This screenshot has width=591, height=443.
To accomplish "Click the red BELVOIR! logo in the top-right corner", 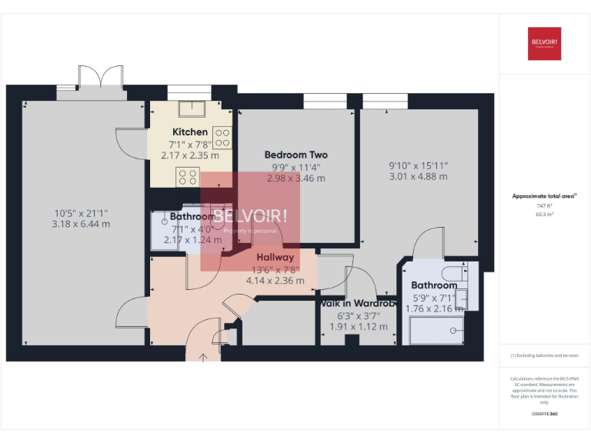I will [x=544, y=44].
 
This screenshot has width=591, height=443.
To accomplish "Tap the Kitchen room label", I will [x=189, y=132].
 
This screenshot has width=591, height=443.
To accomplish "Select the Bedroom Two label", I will [x=295, y=155].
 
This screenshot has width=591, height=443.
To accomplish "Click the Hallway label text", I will [x=275, y=258].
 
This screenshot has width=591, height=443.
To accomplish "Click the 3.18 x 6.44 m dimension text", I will [x=81, y=225].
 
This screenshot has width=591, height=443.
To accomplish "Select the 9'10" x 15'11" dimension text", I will [x=418, y=165].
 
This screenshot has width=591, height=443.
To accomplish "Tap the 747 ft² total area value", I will [x=544, y=206].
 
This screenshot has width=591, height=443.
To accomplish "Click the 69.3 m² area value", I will [x=544, y=215].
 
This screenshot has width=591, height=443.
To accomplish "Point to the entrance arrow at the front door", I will [x=204, y=356].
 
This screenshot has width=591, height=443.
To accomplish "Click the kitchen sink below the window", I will [x=189, y=108].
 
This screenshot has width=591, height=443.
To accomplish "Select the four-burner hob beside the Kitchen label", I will [x=222, y=138].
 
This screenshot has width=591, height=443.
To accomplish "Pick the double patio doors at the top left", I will [x=101, y=79].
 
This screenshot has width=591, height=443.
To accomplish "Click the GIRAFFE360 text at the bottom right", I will [x=544, y=414].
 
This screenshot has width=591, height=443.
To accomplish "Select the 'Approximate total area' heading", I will [x=544, y=196].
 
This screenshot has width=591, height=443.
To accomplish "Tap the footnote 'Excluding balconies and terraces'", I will [x=544, y=355].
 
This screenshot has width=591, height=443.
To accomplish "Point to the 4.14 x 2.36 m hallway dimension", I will [x=275, y=281].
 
